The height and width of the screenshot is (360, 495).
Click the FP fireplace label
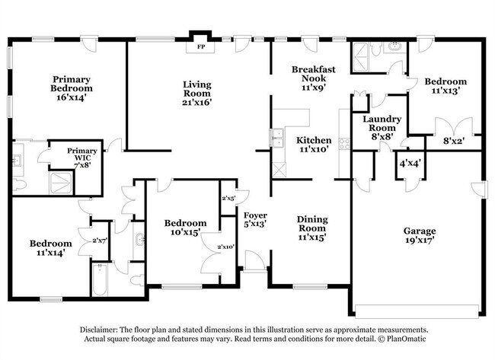(201, 46)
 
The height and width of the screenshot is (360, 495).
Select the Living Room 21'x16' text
(196, 93)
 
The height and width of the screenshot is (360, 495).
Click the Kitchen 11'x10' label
(314, 145)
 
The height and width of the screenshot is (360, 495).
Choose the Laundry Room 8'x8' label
(378, 124)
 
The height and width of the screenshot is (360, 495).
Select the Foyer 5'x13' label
(254, 219)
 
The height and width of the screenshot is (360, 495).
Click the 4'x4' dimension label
(410, 162)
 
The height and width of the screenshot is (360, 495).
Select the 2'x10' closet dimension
(227, 246)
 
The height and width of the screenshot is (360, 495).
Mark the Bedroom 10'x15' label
(186, 228)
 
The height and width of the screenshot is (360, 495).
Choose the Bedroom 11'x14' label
(50, 248)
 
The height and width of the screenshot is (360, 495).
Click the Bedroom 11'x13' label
(447, 87)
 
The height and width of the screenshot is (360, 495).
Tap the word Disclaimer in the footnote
(101, 329)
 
